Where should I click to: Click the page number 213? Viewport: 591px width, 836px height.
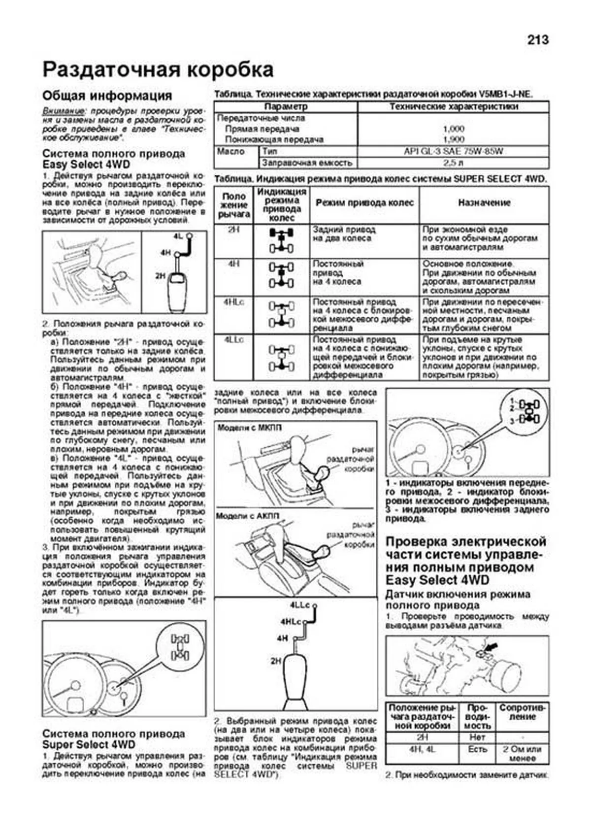tap(537, 40)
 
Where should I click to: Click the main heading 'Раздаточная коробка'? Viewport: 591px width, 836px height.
tap(158, 69)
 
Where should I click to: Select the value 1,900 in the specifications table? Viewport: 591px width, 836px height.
tap(453, 139)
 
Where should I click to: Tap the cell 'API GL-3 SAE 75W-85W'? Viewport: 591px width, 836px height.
tap(453, 151)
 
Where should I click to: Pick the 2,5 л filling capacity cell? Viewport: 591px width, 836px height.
tap(453, 163)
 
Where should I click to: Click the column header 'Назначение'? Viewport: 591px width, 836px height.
tap(484, 202)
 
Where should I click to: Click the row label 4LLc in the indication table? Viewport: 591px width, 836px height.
tap(233, 340)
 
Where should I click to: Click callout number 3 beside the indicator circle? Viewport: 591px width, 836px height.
tap(512, 421)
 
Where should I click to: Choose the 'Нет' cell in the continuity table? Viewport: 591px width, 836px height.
tap(477, 737)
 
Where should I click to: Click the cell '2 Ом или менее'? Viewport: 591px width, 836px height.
tap(522, 754)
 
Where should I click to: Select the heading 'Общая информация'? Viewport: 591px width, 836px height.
tap(107, 96)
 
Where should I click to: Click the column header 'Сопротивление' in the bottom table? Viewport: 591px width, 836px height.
tap(522, 712)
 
